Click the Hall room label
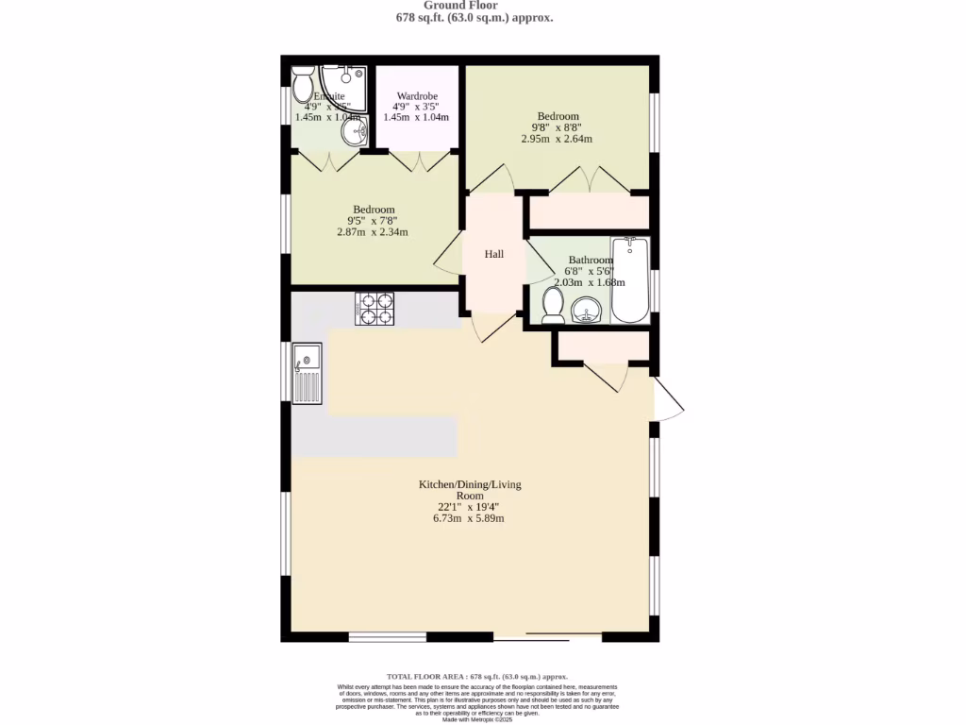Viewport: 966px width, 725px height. [x=494, y=254]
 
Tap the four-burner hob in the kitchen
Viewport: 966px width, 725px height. [x=375, y=310]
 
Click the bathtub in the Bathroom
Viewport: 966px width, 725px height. [x=629, y=280]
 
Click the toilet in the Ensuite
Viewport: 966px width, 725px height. [x=303, y=87]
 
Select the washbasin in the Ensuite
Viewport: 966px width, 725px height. [x=355, y=133]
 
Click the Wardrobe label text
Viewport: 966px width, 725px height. [x=416, y=96]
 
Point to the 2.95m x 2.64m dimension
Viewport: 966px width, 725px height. [x=557, y=139]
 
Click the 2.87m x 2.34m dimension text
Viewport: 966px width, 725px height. [x=374, y=232]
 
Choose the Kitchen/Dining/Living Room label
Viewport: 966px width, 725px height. [x=470, y=490]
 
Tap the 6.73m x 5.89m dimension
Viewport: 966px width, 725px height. [x=470, y=518]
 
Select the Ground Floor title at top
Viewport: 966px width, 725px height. [x=474, y=5]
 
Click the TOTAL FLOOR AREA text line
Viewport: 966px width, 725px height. [x=477, y=677]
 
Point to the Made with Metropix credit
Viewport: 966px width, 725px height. [x=476, y=719]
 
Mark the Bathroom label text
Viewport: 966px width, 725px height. [x=591, y=260]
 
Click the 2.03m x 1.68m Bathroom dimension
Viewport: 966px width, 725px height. [x=589, y=282]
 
